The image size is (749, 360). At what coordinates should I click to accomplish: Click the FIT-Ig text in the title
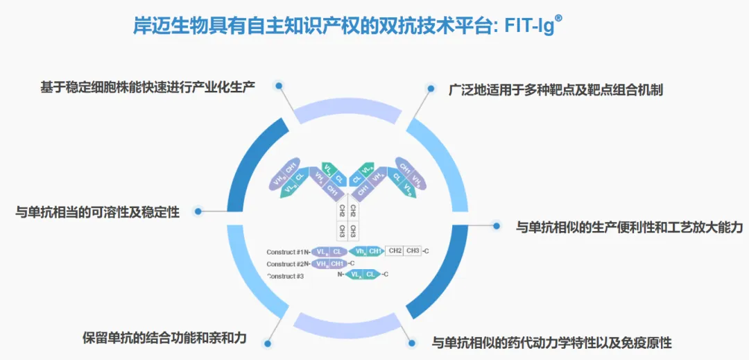tap(527, 26)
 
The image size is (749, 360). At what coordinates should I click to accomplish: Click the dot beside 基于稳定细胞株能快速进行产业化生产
tap(279, 86)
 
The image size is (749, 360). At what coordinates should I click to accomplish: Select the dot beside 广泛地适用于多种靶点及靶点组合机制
tap(431, 89)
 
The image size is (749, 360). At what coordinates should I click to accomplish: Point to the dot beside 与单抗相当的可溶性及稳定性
tap(198, 212)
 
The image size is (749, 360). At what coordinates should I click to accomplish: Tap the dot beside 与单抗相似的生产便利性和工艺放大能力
tap(497, 225)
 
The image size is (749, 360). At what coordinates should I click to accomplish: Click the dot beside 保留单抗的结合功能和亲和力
tap(267, 340)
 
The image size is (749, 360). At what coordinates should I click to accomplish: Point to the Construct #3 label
tap(286, 276)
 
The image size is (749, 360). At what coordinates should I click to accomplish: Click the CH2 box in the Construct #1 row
tap(395, 251)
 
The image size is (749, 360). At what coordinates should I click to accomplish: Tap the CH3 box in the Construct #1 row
tap(413, 251)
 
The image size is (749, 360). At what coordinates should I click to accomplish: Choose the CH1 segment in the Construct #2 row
tap(338, 264)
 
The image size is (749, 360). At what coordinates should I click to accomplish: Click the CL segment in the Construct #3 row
tap(370, 275)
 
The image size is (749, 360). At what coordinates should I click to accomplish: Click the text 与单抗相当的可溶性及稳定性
tap(98, 212)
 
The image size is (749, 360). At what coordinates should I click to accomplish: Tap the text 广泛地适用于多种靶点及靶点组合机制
tap(556, 89)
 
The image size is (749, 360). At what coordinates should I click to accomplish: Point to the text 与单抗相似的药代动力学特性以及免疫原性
tap(552, 343)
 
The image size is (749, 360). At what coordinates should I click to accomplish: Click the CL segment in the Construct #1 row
tap(338, 251)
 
